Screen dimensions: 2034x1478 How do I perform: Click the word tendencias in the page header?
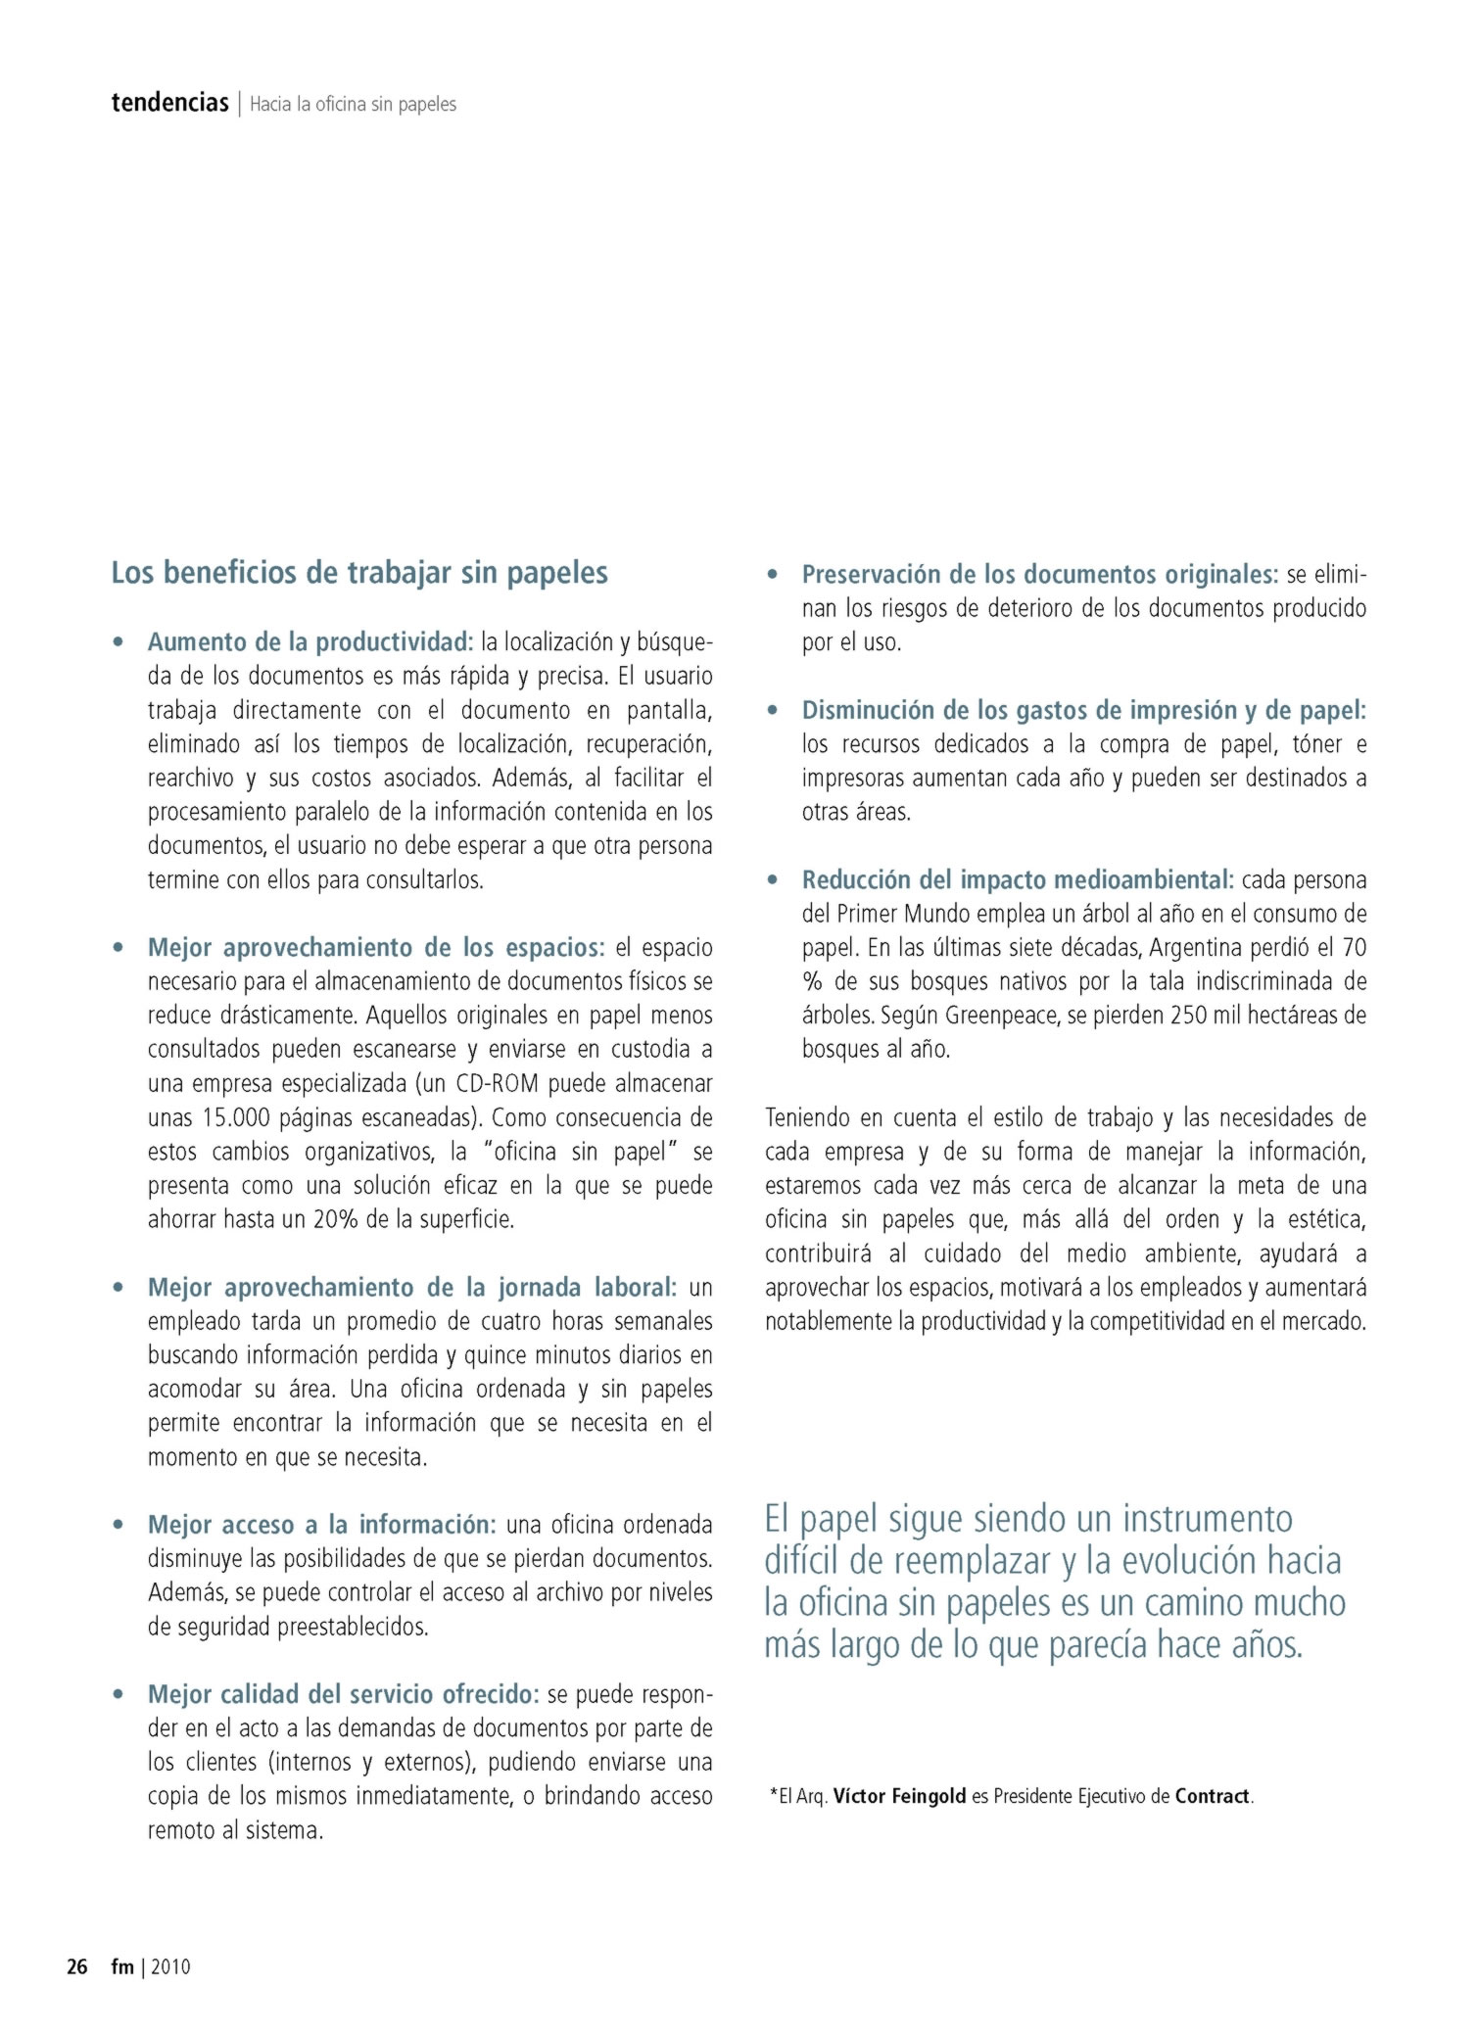coord(169,103)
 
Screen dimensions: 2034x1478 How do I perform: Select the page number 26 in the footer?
coord(76,1966)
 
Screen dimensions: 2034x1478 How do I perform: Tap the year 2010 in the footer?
coord(170,1966)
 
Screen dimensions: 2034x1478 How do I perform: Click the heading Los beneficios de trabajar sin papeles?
coord(359,572)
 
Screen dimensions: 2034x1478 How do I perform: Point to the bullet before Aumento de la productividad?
coord(119,642)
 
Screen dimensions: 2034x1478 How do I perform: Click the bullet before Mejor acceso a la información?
coord(119,1525)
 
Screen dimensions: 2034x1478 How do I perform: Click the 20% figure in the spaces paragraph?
coord(335,1220)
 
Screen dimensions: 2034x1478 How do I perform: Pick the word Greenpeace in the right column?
coord(1001,1016)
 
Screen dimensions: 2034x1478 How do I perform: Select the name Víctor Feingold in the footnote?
coord(899,1796)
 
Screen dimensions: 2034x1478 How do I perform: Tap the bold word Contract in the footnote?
coord(1212,1796)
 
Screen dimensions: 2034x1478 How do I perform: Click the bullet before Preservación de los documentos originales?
coord(773,575)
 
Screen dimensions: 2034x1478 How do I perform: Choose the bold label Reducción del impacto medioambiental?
coord(1017,879)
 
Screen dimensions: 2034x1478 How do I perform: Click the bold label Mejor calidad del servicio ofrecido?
coord(343,1694)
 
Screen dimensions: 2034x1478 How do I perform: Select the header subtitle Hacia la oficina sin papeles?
coord(353,104)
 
